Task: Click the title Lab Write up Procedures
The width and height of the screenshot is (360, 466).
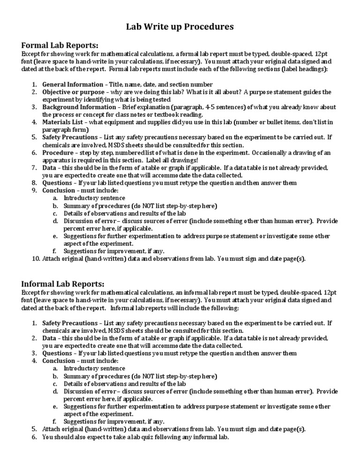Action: [180, 27]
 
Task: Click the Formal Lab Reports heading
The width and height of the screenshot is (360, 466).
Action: [60, 45]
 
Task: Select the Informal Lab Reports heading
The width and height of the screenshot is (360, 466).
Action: [63, 284]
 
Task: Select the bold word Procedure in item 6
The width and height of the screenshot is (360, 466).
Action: [58, 152]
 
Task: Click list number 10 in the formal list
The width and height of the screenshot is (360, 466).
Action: [35, 258]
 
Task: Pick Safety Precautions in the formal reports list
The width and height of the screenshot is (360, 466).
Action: [68, 137]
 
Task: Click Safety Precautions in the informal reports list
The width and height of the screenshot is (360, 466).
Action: [68, 323]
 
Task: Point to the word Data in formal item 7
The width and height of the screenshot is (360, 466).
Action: [49, 167]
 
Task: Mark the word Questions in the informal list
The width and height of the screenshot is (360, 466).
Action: [57, 353]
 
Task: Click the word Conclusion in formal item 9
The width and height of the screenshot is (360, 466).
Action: [58, 190]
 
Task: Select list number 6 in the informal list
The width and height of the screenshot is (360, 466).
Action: [34, 436]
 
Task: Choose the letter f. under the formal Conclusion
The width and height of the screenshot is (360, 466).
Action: [55, 250]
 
